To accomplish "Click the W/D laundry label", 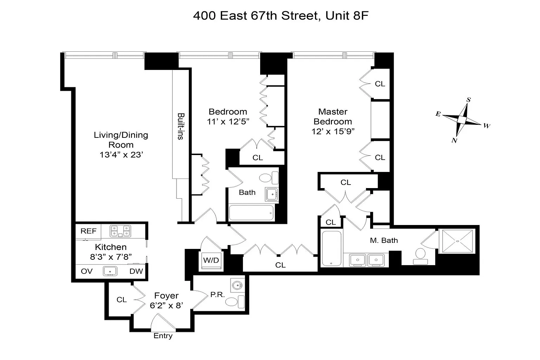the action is (x=211, y=260).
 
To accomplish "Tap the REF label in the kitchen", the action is (x=89, y=231).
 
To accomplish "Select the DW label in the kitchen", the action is (x=136, y=271).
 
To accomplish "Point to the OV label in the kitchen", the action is (x=86, y=271).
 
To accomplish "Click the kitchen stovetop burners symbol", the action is (x=120, y=231).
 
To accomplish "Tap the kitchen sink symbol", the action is (x=110, y=271).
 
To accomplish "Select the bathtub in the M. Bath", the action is (x=332, y=248).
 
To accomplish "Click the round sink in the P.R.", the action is (x=237, y=285).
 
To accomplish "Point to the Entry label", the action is (x=163, y=336).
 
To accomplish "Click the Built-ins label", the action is (x=181, y=126).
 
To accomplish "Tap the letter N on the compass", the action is (x=455, y=140).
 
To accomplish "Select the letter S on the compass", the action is (x=469, y=99).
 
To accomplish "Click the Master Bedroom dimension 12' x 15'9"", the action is (x=333, y=131).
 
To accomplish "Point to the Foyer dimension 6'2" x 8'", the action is (x=166, y=306).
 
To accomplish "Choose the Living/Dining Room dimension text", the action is (x=121, y=155).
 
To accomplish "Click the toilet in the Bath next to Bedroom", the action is (x=269, y=178).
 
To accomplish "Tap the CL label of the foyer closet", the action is (x=122, y=300).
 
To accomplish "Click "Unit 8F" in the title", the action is (x=347, y=16).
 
